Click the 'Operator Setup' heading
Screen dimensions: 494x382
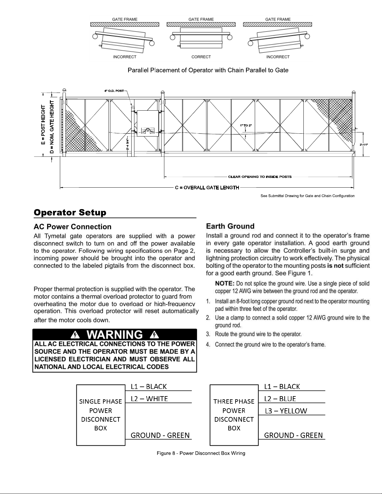tap(70, 213)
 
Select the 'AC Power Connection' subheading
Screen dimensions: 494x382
tap(72, 227)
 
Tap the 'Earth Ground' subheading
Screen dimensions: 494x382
tap(230, 226)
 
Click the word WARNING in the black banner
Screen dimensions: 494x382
tap(114, 335)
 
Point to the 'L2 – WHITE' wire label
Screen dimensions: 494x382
tap(149, 399)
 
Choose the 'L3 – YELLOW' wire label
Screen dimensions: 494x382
tap(286, 411)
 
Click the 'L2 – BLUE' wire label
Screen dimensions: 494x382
tap(280, 399)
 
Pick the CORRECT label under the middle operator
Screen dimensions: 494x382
tap(201, 57)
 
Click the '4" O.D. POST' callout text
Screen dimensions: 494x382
tap(114, 91)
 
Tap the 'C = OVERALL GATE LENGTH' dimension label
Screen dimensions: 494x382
tap(207, 188)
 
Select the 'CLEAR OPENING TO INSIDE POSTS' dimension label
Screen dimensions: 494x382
tap(260, 177)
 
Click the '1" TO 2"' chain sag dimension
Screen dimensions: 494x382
tap(245, 125)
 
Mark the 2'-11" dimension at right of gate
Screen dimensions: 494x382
tap(364, 145)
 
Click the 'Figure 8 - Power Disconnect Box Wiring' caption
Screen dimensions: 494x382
tap(201, 453)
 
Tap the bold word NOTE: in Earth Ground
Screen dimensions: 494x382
tap(225, 283)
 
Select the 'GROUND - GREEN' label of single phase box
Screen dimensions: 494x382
tap(160, 435)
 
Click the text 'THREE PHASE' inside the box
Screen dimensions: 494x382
tap(234, 401)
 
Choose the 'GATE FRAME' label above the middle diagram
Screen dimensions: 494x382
tap(201, 19)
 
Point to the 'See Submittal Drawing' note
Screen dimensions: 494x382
tap(307, 196)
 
